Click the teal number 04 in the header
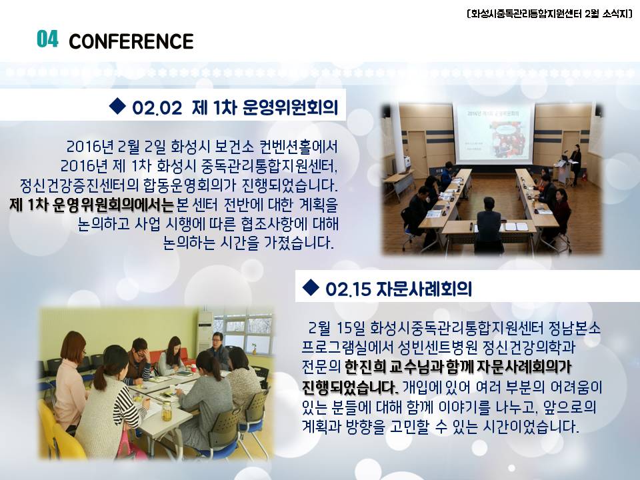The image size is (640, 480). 47,39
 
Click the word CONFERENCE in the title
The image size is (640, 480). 131,41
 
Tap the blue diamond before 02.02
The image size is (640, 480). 117,106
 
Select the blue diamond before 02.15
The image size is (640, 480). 311,287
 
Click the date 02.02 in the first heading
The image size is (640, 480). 157,108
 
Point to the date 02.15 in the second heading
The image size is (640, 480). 348,289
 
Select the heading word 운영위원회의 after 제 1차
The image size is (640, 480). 290,107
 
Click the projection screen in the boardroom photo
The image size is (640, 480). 493,133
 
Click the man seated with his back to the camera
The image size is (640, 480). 488,223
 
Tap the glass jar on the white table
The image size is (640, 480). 166,411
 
